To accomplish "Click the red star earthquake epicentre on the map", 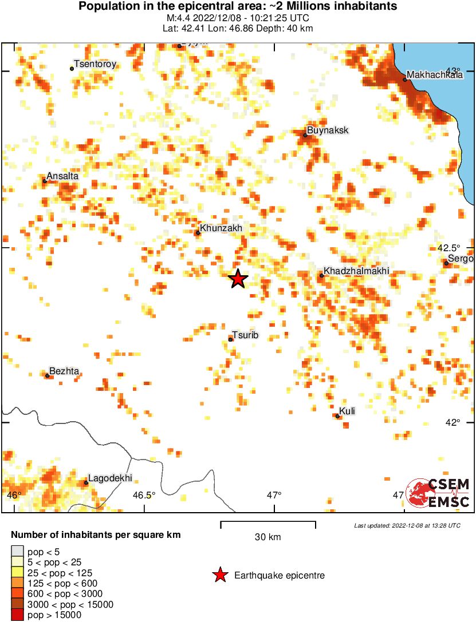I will pyautogui.click(x=238, y=279).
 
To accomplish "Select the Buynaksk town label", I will pyautogui.click(x=328, y=130).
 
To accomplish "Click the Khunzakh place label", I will pyautogui.click(x=222, y=228).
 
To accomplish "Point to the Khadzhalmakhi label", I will pyautogui.click(x=356, y=270).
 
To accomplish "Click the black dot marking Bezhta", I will pyautogui.click(x=47, y=375).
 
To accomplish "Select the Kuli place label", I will pyautogui.click(x=347, y=411).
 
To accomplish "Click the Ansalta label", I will pyautogui.click(x=62, y=176).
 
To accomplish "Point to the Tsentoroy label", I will pyautogui.click(x=95, y=65).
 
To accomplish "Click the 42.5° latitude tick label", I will pyautogui.click(x=449, y=248).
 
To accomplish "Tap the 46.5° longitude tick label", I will pyautogui.click(x=145, y=495).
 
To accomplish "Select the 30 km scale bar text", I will pyautogui.click(x=268, y=537).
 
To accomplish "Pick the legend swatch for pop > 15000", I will pyautogui.click(x=17, y=615).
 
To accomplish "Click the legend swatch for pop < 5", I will pyautogui.click(x=17, y=552).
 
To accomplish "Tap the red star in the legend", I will pyautogui.click(x=219, y=575).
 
